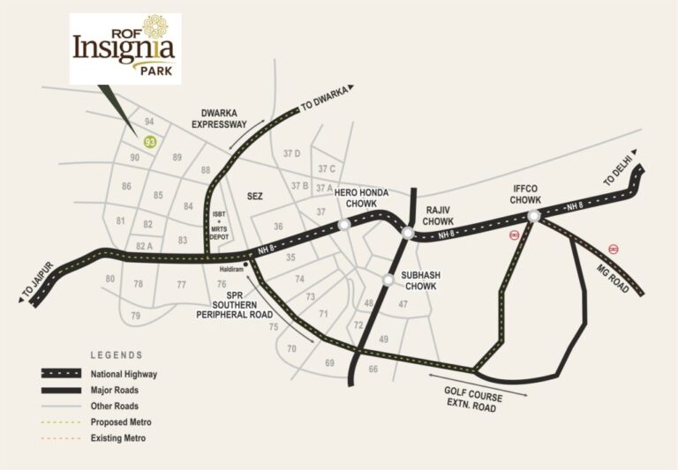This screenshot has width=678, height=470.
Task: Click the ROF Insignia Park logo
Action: coord(124,48)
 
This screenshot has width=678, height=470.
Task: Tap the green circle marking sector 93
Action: coord(150,141)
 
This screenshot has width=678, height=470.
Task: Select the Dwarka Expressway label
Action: coord(223,119)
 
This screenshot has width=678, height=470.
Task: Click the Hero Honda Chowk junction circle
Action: coord(343,225)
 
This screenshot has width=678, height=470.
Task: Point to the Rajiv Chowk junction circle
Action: coord(407,233)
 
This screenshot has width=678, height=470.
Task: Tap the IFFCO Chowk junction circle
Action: coord(533,216)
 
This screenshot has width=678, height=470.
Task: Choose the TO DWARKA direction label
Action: coord(327,98)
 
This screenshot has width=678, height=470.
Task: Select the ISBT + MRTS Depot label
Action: coord(221,226)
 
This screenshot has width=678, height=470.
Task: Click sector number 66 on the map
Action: coord(373,369)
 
